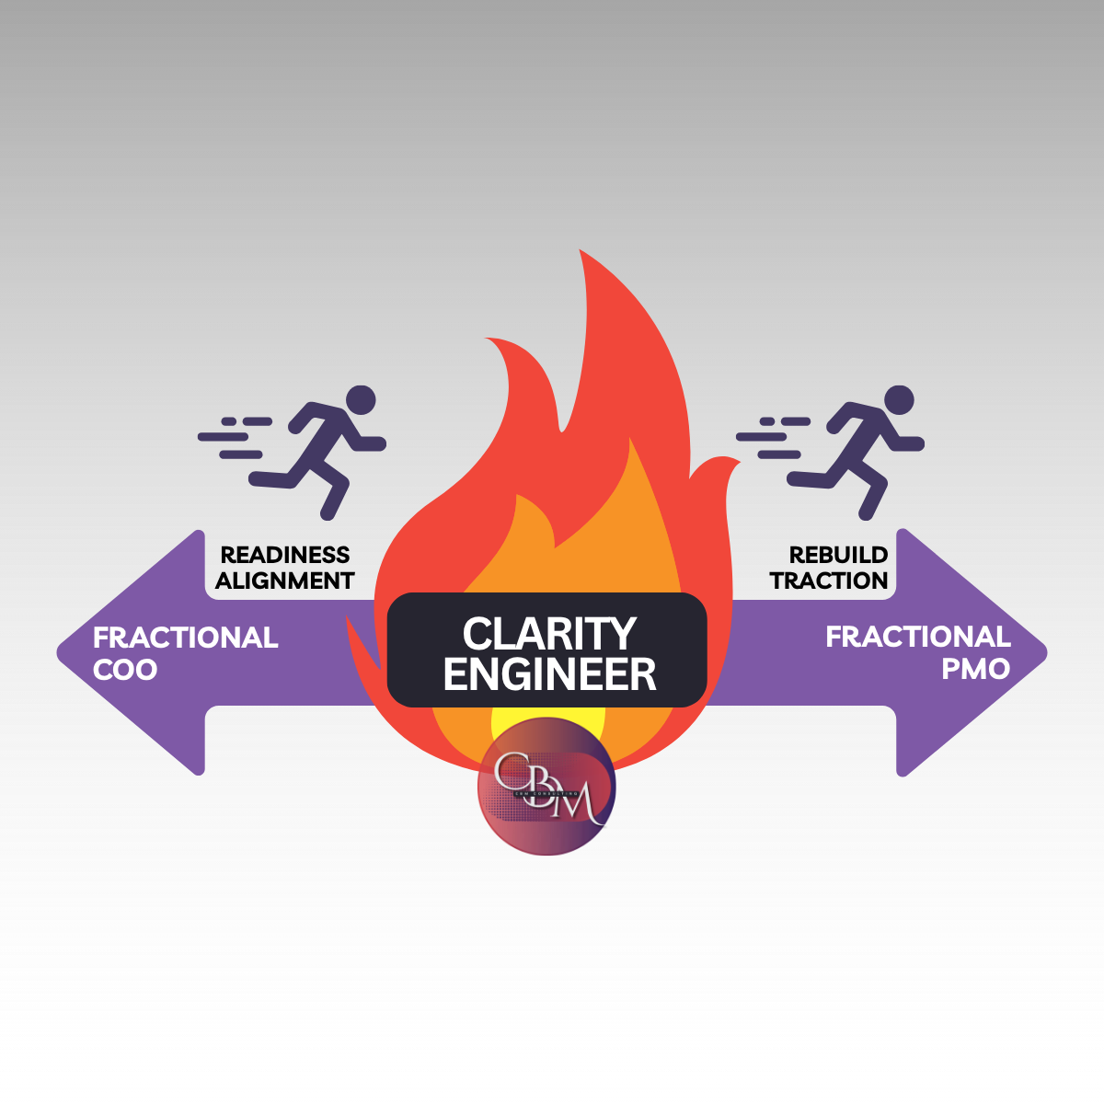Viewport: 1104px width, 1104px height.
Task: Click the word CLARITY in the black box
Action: pyautogui.click(x=549, y=634)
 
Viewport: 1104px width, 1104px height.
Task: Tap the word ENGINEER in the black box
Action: pyautogui.click(x=549, y=674)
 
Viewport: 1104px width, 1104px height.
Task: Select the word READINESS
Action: pyautogui.click(x=285, y=555)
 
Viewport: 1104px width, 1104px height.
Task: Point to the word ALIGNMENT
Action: pyautogui.click(x=285, y=581)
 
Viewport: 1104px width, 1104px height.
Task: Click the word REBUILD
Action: pyautogui.click(x=838, y=555)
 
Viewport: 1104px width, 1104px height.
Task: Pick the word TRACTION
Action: pyautogui.click(x=829, y=581)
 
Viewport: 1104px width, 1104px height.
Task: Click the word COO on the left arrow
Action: pyautogui.click(x=125, y=670)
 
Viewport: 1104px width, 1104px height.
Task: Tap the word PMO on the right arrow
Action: pyautogui.click(x=975, y=669)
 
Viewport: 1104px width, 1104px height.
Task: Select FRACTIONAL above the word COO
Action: pyautogui.click(x=185, y=638)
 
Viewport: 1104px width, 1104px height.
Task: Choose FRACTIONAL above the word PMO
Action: pyautogui.click(x=917, y=637)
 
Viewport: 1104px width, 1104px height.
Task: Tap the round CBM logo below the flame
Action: pyautogui.click(x=546, y=787)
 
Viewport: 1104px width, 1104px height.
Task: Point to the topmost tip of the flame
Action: pyautogui.click(x=581, y=253)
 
